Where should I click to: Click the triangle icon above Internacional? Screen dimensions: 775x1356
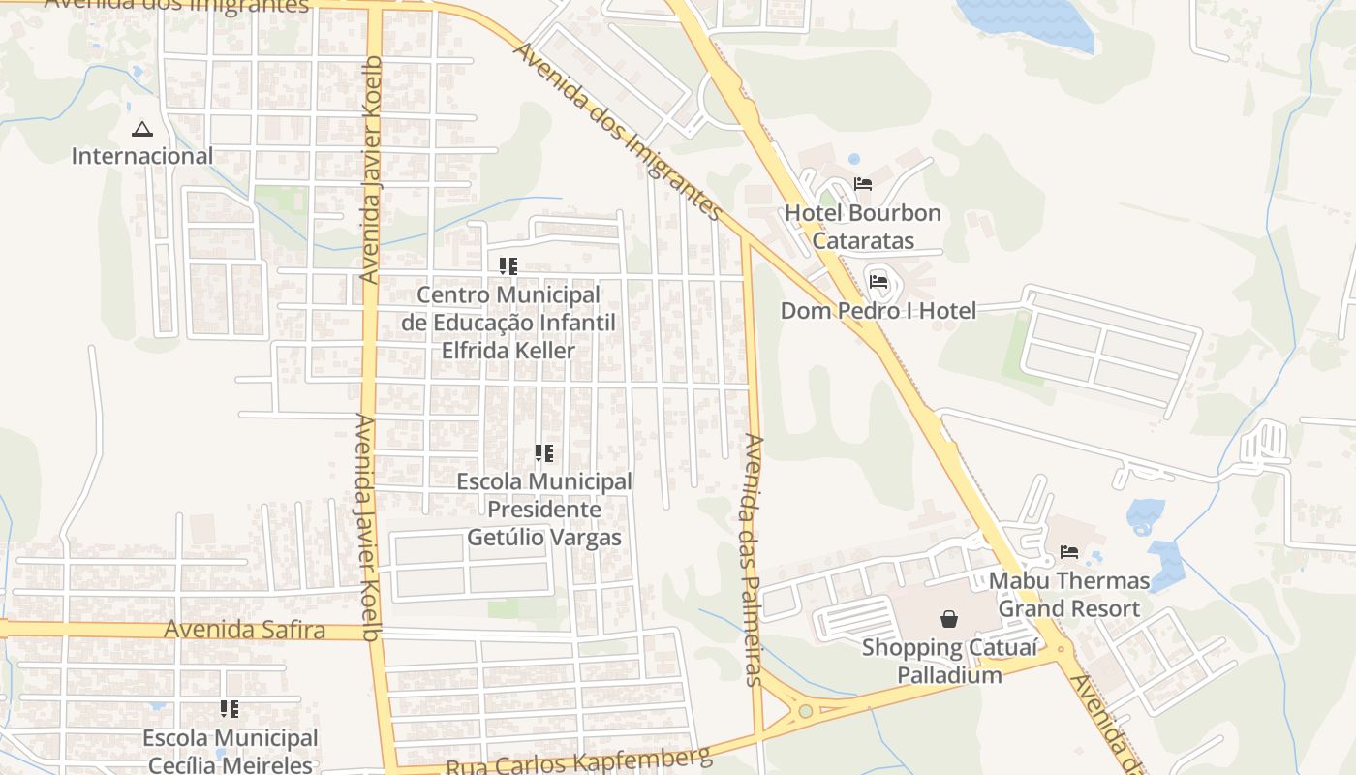pyautogui.click(x=142, y=129)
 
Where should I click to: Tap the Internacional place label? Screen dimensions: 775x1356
pyautogui.click(x=142, y=156)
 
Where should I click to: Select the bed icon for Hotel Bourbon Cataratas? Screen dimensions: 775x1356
pyautogui.click(x=863, y=184)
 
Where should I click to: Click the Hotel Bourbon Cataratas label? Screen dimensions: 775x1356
pyautogui.click(x=863, y=227)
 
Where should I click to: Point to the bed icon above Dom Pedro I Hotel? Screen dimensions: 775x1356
pyautogui.click(x=878, y=282)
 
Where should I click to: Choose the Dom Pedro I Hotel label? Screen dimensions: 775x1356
pyautogui.click(x=878, y=311)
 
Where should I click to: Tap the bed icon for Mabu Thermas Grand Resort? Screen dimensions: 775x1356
pyautogui.click(x=1069, y=552)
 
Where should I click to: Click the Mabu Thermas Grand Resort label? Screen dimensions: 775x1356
pyautogui.click(x=1069, y=595)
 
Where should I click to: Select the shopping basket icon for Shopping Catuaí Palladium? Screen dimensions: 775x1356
pyautogui.click(x=948, y=618)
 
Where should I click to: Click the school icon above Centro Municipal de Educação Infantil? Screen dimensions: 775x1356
pyautogui.click(x=508, y=265)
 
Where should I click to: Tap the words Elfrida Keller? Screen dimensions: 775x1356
pyautogui.click(x=508, y=351)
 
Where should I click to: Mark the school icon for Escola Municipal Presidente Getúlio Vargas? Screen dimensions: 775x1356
pyautogui.click(x=544, y=452)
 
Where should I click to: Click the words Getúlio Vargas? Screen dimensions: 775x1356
pyautogui.click(x=544, y=537)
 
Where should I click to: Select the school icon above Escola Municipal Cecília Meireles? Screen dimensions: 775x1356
pyautogui.click(x=230, y=709)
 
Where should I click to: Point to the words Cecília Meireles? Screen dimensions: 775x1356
pyautogui.click(x=231, y=764)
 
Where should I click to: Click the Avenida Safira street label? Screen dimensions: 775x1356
pyautogui.click(x=244, y=630)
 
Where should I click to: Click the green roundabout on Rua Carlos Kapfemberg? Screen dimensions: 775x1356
pyautogui.click(x=806, y=712)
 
